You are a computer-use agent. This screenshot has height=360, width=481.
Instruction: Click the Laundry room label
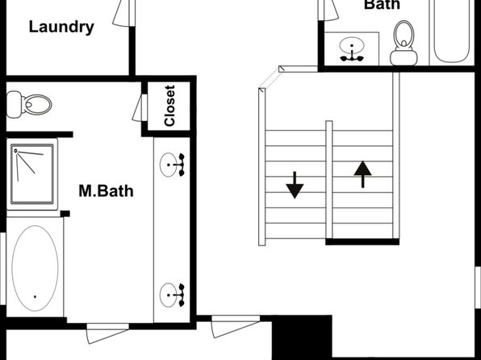[x=61, y=27]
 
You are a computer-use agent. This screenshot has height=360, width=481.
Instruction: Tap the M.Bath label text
[x=107, y=190]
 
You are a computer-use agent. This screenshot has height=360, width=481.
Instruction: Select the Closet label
[x=169, y=106]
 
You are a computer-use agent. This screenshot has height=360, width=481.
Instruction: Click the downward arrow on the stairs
[x=295, y=185]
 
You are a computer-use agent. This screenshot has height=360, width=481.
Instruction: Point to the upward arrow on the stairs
[x=362, y=174]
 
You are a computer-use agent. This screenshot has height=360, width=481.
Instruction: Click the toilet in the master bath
[x=29, y=104]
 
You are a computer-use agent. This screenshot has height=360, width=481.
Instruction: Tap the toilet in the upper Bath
[x=404, y=43]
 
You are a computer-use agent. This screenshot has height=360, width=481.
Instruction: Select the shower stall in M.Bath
[x=32, y=174]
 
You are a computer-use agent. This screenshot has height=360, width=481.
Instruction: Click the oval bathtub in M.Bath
[x=35, y=268]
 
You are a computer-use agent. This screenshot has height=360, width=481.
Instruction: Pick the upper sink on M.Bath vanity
[x=172, y=165]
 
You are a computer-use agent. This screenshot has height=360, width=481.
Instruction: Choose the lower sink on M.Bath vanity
[x=172, y=295]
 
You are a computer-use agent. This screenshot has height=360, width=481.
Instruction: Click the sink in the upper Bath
[x=352, y=49]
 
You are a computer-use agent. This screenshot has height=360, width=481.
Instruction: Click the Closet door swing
[x=140, y=107]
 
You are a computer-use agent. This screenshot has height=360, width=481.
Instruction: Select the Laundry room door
[x=124, y=13]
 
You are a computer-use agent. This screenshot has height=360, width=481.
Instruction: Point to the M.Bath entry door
[x=107, y=333]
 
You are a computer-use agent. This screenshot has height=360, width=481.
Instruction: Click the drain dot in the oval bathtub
[x=35, y=296]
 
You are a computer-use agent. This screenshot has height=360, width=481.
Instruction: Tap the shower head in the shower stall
[x=15, y=150]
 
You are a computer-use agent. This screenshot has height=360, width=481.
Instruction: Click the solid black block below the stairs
[x=302, y=337]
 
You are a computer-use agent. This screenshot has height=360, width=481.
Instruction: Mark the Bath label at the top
[x=383, y=5]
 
